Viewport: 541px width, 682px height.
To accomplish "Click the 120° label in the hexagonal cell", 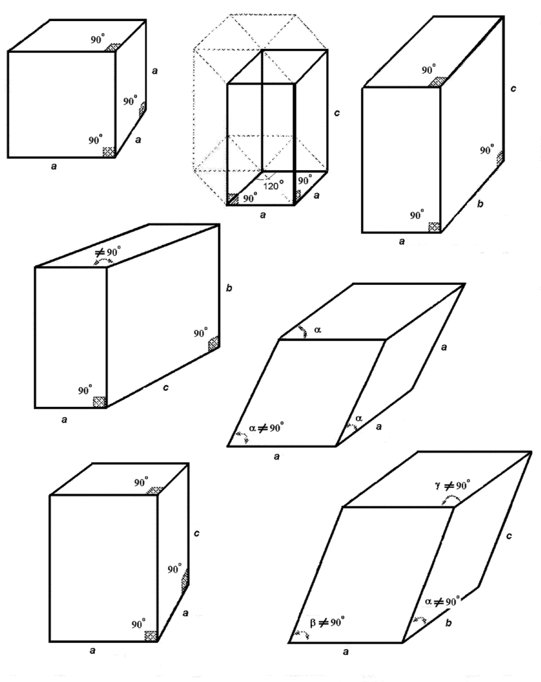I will click(x=273, y=185).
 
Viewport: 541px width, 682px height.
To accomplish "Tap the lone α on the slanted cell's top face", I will click(x=318, y=328).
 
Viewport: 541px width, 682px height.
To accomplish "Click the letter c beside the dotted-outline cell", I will click(x=337, y=113).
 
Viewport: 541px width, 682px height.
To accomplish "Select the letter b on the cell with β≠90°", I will click(x=448, y=623).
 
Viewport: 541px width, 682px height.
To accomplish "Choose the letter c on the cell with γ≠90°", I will click(x=508, y=536).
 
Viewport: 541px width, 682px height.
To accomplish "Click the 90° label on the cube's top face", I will click(x=98, y=40).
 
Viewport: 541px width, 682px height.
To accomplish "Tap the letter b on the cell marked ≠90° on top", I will click(x=229, y=288).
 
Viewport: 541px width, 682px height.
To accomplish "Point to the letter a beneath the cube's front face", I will click(x=54, y=167).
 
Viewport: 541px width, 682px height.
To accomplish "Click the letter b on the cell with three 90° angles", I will click(x=480, y=204).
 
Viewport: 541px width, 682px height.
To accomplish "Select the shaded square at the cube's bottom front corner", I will click(x=109, y=152).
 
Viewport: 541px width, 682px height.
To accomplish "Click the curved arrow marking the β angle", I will click(x=302, y=634).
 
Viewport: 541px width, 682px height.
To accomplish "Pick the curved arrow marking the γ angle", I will click(x=452, y=499).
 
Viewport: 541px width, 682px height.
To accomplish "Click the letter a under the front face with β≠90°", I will click(x=345, y=652).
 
